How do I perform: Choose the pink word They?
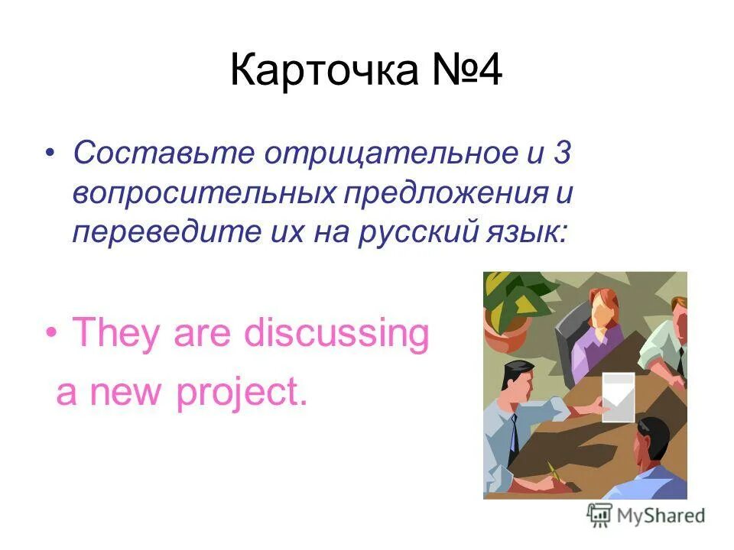tap(117, 334)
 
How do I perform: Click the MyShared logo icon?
tap(599, 516)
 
